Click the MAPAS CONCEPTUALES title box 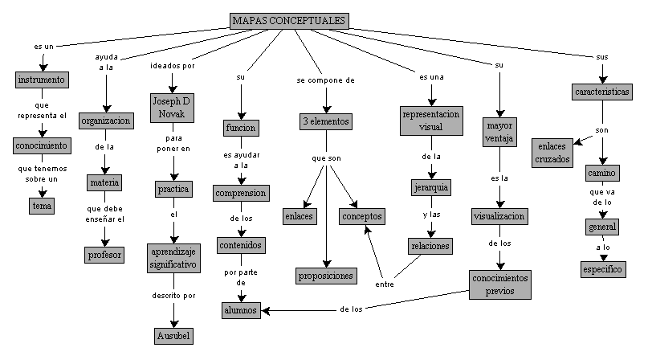click(288, 20)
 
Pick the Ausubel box click(173, 334)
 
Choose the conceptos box click(363, 216)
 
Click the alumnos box click(242, 309)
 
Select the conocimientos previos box click(501, 284)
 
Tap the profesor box click(104, 255)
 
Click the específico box click(603, 269)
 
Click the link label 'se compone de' click(325, 81)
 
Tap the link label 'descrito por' click(173, 296)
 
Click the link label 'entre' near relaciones click(385, 284)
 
